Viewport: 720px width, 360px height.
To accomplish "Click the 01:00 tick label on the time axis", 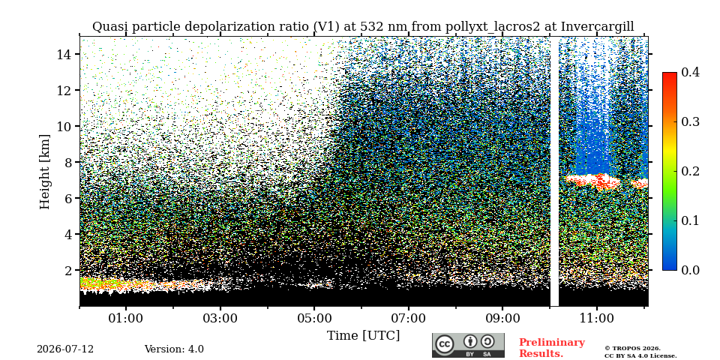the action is pos(126,318).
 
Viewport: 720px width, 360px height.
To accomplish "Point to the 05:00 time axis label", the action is pos(314,318).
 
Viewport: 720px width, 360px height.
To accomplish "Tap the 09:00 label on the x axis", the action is pos(502,318).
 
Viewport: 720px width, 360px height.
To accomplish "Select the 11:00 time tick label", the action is pos(596,318).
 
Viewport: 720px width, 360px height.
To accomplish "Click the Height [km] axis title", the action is pos(44,172).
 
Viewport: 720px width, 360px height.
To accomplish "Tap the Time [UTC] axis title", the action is pos(363,336).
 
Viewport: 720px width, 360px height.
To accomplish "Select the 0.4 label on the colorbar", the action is pos(690,72).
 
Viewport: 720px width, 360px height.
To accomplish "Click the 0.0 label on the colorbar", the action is pos(690,270).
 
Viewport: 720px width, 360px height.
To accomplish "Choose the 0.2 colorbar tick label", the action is pos(690,171).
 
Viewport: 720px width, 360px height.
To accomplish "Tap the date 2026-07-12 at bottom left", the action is pos(65,349).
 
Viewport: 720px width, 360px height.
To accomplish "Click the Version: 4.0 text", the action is pos(174,349).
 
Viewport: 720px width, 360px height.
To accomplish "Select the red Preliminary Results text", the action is pos(552,348).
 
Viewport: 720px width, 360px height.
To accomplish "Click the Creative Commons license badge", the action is pos(468,345).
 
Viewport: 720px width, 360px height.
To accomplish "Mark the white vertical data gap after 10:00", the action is pos(555,171).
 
